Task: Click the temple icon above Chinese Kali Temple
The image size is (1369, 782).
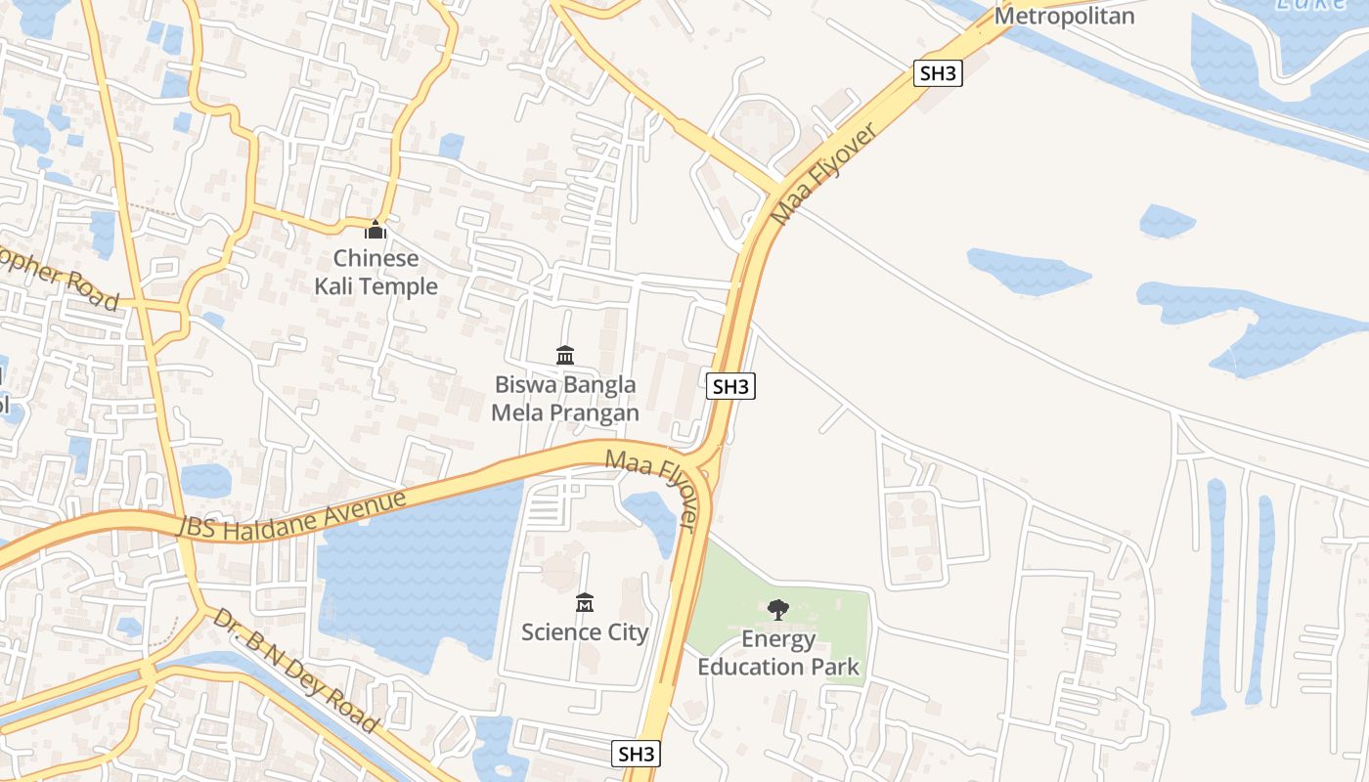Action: tap(375, 230)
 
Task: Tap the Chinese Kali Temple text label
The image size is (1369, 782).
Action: tap(375, 272)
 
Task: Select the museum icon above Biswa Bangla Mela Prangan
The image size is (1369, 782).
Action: tap(565, 355)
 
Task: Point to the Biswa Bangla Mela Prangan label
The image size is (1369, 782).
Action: tap(565, 399)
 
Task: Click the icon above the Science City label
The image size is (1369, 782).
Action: tap(585, 602)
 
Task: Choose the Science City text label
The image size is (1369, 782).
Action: tap(585, 632)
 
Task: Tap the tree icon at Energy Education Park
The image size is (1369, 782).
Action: tap(778, 610)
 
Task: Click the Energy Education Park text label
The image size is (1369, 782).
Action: tap(778, 653)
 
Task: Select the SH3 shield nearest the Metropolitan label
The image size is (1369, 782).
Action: tap(938, 72)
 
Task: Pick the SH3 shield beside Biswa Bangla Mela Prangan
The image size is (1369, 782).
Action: tap(730, 386)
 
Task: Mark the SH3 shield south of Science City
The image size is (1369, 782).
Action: tap(636, 754)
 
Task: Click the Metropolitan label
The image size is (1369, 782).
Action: tap(1064, 16)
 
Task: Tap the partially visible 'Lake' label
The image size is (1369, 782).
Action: tap(1310, 5)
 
